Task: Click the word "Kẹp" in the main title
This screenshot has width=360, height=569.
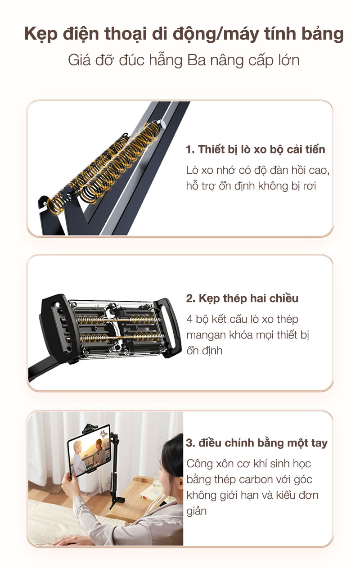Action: coord(41,35)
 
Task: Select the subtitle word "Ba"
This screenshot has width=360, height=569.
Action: coord(196,60)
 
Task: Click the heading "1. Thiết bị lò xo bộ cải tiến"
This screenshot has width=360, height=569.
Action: coord(256,149)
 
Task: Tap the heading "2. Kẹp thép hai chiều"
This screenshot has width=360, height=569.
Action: coord(242,298)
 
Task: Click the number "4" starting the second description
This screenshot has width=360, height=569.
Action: coord(189,319)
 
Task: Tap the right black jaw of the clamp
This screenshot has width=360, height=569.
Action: coord(168,328)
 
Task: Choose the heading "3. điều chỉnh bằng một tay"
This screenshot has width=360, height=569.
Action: coord(256,443)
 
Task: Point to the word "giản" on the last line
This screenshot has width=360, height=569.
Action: coord(197,511)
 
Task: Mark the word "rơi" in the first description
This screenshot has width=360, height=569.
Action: coord(310,186)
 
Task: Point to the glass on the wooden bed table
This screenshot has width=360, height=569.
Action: coord(157,483)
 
